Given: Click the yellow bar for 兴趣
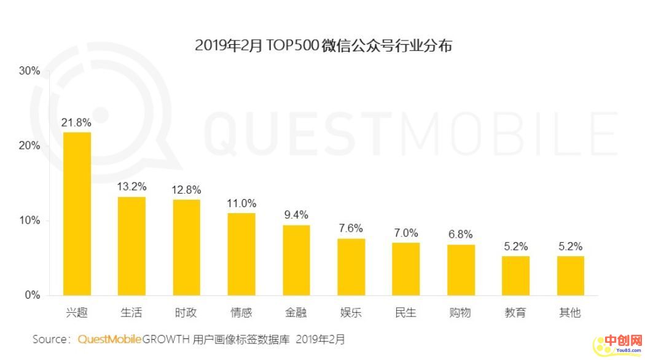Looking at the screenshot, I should tap(77, 214).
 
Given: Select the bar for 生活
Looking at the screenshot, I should tap(131, 246).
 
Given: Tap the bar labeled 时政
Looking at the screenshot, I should tap(186, 247).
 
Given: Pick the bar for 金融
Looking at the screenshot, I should tap(296, 260).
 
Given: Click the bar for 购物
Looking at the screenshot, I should tap(461, 270).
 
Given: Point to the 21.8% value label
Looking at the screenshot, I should tap(76, 123).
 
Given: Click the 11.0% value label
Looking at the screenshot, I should tap(241, 203).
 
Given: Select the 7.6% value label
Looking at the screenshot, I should tap(351, 229).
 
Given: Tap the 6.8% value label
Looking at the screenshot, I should tap(460, 235).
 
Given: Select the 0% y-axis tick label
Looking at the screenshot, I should tap(32, 295).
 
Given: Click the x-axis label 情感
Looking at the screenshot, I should tap(241, 313).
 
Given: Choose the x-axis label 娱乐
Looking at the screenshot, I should tap(351, 313).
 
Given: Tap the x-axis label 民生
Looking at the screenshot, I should tap(405, 313).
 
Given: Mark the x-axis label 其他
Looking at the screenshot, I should tap(570, 313).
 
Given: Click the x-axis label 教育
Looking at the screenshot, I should tap(515, 313).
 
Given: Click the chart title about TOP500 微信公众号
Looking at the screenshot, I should tap(323, 45).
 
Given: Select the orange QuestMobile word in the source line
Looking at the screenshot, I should tap(110, 339).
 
